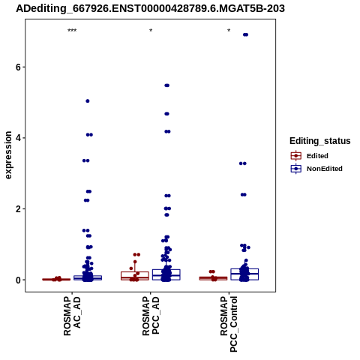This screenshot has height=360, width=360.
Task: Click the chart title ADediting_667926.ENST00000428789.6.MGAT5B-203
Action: point(150,8)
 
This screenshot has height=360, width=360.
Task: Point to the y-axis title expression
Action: point(8,155)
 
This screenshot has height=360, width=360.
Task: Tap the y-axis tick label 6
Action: point(18,67)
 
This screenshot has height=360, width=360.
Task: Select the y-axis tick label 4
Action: point(18,138)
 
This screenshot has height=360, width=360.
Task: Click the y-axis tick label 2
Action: point(18,208)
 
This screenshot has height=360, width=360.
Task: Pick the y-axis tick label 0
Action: point(18,280)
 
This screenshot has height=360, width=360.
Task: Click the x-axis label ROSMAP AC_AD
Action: point(72,316)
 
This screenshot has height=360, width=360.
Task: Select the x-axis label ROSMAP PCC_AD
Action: point(151,316)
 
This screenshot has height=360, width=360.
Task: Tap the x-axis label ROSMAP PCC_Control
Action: point(229,324)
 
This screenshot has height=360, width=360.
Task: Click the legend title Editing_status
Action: point(320,141)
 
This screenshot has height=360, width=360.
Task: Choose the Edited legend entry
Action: point(310,156)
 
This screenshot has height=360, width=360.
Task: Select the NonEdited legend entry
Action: point(316,169)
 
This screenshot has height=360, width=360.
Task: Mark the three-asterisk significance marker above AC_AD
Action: point(72,31)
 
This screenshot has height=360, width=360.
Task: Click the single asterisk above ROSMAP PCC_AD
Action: point(151,31)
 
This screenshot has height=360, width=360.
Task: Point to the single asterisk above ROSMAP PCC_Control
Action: point(229,31)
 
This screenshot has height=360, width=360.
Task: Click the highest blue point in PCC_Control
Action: point(245,34)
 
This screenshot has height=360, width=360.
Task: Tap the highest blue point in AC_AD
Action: point(88,101)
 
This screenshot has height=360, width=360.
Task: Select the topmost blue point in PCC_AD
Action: point(167,85)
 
